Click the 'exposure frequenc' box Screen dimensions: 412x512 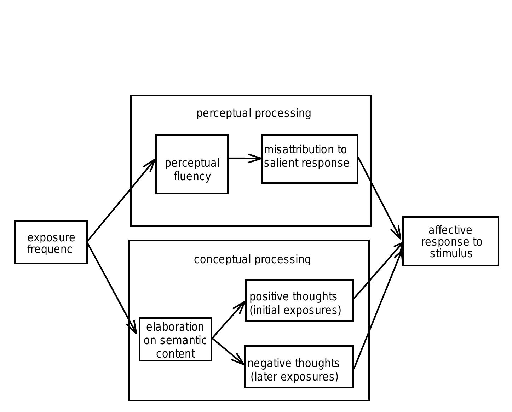51,242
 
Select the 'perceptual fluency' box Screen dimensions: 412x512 192,164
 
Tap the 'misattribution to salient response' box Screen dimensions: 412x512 310,159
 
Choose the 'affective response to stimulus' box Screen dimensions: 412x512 450,241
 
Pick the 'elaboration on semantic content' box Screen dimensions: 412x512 176,339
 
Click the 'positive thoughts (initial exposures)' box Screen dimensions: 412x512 299,301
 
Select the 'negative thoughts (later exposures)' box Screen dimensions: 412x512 299,367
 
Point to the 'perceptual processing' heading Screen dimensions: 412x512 254,113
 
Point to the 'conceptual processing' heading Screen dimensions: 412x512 252,259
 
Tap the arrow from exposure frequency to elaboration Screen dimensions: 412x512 111,287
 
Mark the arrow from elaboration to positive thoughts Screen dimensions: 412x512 229,320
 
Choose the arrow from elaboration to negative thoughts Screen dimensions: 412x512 228,352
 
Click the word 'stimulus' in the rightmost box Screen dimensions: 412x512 451,253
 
